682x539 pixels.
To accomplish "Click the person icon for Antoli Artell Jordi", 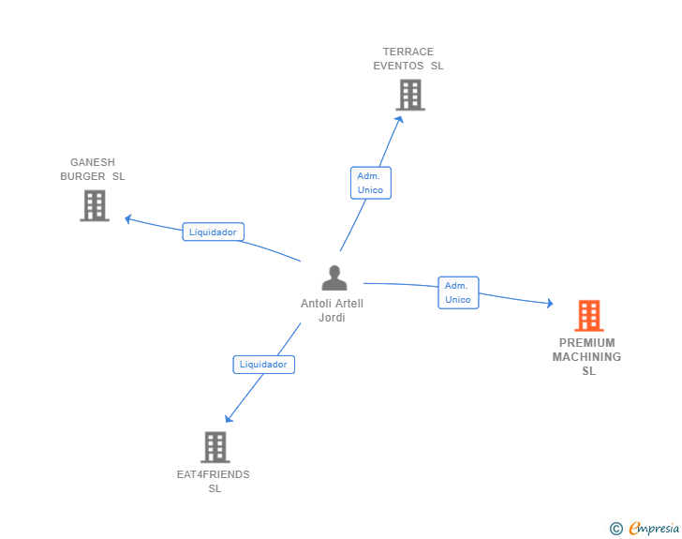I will (x=334, y=278).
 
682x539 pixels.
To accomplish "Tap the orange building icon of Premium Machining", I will (x=588, y=316).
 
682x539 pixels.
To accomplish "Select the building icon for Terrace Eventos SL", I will (x=409, y=95).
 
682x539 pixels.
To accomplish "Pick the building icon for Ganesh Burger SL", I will (x=95, y=205).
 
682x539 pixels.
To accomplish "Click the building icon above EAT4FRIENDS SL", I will (x=215, y=447).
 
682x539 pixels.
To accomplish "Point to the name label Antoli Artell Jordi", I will (x=333, y=310).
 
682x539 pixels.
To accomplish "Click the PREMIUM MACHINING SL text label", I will (x=587, y=357).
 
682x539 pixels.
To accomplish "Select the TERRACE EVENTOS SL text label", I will (x=408, y=59).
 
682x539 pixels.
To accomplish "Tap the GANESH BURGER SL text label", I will (x=93, y=170).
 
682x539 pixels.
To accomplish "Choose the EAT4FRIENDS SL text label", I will (x=215, y=481).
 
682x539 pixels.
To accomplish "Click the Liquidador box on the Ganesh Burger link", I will (x=214, y=232).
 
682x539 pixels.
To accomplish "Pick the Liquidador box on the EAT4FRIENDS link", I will (x=264, y=365).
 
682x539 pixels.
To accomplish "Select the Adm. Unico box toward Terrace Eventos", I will (x=371, y=183).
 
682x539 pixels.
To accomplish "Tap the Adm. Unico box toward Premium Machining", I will (x=458, y=292).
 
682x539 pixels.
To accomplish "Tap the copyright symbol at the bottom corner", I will (x=616, y=529).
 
